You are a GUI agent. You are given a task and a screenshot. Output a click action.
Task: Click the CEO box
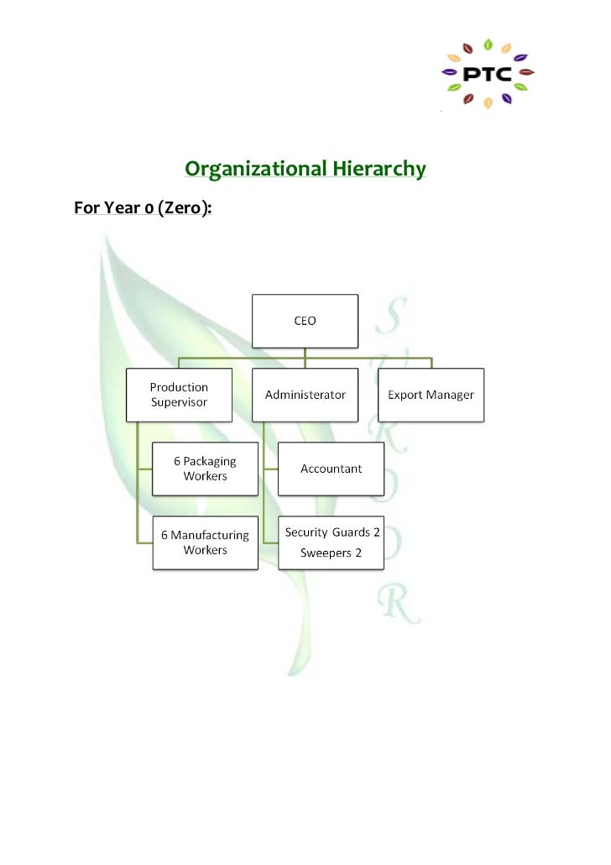305,321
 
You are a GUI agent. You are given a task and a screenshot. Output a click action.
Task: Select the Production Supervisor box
179,395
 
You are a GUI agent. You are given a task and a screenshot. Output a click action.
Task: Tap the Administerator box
305,395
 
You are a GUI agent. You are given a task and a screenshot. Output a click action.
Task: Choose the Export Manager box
431,395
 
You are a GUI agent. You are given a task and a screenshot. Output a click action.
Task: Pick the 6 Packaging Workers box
205,469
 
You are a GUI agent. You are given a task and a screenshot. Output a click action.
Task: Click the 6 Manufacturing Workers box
205,543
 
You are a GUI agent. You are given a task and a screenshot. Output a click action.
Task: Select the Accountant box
332,469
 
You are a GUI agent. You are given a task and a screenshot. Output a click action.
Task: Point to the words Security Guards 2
332,532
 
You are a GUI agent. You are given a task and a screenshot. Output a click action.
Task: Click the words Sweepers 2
331,553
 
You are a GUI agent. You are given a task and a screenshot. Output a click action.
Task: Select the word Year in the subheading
120,207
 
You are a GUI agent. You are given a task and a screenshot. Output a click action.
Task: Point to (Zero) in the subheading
182,207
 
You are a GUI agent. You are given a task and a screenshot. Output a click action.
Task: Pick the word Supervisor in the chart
179,402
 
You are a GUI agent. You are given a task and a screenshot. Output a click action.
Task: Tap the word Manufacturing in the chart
210,535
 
